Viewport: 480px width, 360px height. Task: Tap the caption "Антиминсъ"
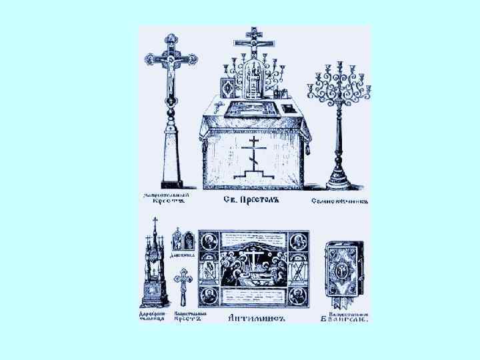(257, 317)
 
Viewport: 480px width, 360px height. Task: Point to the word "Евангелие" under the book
(347, 319)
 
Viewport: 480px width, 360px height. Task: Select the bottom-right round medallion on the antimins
(299, 296)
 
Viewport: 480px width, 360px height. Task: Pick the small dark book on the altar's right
(288, 108)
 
